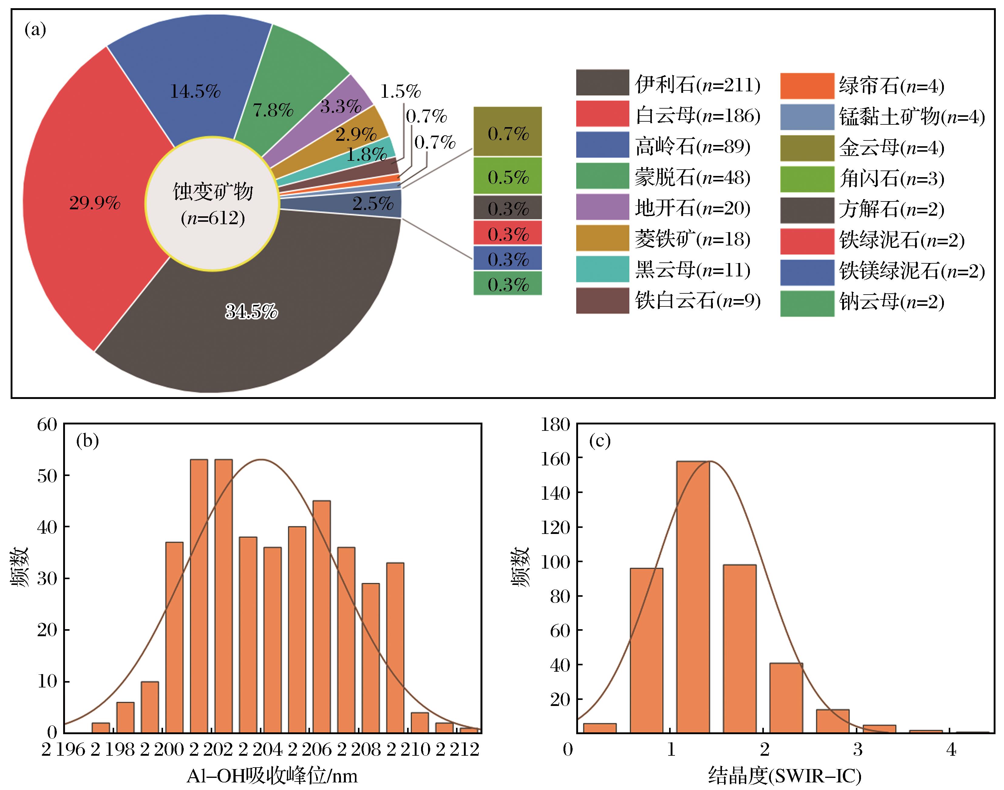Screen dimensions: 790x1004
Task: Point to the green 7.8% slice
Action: coord(287,93)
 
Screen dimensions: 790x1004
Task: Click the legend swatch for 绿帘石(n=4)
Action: coord(807,86)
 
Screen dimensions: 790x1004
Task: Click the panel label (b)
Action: coord(87,441)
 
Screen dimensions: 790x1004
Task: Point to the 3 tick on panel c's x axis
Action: coord(858,749)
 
